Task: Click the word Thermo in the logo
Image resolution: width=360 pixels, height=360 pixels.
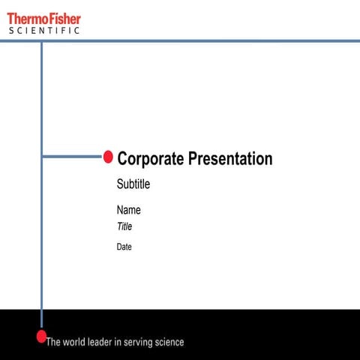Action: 25,18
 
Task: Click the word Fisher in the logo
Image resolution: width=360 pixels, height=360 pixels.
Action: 62,18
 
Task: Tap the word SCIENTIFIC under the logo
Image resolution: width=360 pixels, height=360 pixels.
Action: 44,31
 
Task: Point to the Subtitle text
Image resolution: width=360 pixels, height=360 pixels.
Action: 133,184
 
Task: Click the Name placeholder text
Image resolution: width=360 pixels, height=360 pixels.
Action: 128,210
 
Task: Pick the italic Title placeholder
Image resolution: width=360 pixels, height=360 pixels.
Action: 124,226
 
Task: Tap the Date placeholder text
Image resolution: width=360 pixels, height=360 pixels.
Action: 124,247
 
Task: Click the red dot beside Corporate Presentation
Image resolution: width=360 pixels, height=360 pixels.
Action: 108,157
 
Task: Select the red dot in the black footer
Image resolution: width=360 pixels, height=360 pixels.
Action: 42,336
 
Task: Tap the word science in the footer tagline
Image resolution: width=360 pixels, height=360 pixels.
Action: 167,342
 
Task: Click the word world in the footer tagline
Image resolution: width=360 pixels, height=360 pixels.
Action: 76,342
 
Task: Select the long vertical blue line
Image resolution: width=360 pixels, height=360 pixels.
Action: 41,225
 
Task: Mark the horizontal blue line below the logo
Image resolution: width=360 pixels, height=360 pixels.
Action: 225,40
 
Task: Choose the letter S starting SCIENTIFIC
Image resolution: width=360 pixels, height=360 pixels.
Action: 11,31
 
